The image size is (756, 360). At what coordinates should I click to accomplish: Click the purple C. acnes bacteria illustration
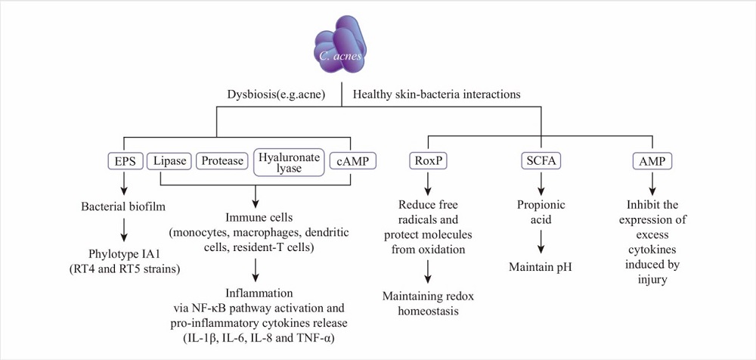340,45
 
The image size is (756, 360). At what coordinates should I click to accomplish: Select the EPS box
125,161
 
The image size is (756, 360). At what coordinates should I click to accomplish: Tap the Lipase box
169,161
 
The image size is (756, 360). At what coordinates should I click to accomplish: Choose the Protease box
222,161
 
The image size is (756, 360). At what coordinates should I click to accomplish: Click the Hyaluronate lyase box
289,162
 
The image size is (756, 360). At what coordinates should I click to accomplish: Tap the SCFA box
541,161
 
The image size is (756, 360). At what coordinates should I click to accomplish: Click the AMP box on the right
652,161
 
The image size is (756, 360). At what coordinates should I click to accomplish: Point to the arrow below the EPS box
125,182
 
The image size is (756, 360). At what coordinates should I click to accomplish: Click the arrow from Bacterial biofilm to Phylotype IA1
125,229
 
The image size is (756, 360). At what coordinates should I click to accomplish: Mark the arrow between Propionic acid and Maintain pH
541,242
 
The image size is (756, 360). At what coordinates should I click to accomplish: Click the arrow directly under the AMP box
652,182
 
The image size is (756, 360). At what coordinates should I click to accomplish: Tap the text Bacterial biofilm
123,206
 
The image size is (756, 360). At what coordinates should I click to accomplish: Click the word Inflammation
259,293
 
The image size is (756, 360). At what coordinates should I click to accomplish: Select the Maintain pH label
541,266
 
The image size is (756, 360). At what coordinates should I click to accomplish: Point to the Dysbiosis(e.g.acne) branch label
276,94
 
